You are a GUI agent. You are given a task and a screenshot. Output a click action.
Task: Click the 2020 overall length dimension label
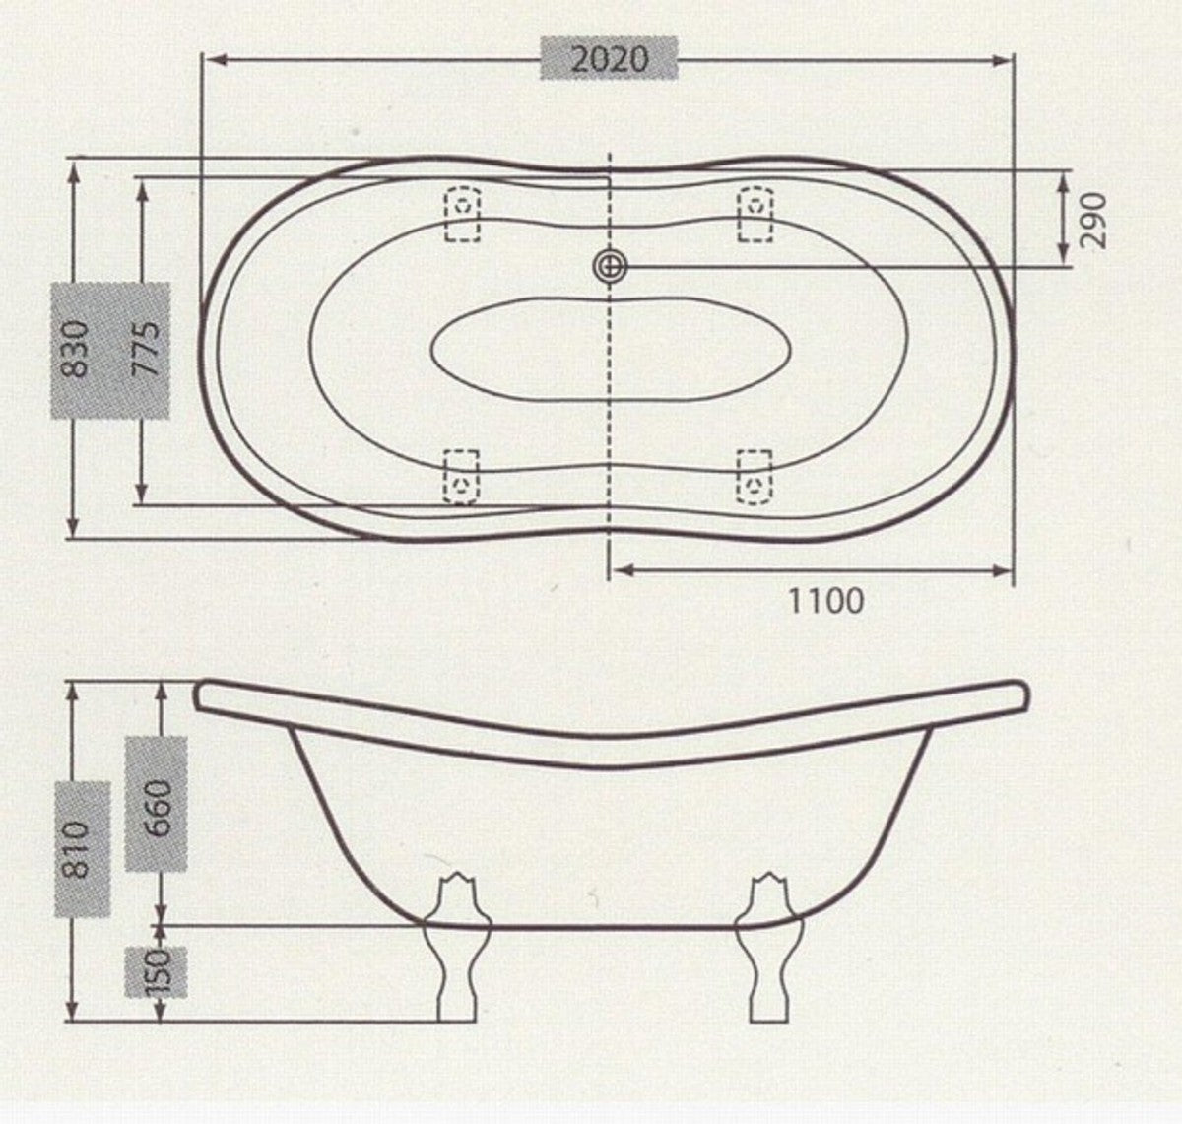click(x=611, y=59)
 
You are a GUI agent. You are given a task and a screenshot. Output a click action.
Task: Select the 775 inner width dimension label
click(x=148, y=349)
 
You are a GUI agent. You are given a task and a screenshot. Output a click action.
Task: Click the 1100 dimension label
click(x=825, y=599)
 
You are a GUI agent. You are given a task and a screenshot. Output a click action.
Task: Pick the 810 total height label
click(x=80, y=849)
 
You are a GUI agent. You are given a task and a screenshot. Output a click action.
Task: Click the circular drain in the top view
click(x=610, y=265)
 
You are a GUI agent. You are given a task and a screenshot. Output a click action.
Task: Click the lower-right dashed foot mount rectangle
click(x=755, y=477)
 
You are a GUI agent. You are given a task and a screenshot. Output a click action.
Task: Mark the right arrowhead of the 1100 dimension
click(x=1008, y=569)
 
